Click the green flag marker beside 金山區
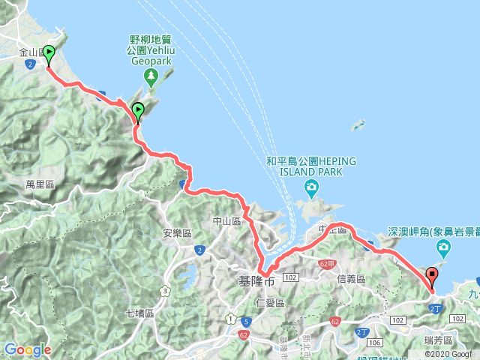pyautogui.click(x=49, y=55)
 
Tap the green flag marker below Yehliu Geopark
pyautogui.click(x=138, y=112)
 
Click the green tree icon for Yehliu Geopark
pyautogui.click(x=150, y=75)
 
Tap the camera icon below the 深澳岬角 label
pyautogui.click(x=444, y=247)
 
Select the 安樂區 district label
pyautogui.click(x=178, y=232)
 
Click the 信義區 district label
pyautogui.click(x=350, y=278)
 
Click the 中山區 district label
pyautogui.click(x=226, y=221)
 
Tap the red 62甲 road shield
pyautogui.click(x=325, y=264)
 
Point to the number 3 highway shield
pyautogui.click(x=164, y=291)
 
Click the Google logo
pyautogui.click(x=27, y=349)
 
